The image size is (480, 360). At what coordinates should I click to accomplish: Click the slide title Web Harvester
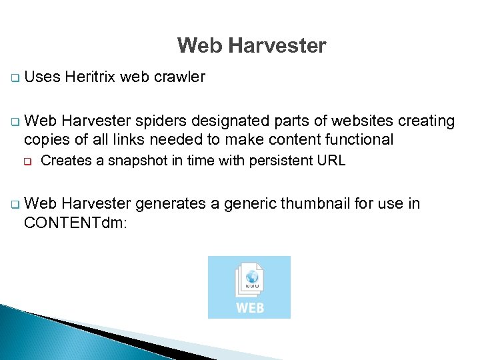(251, 46)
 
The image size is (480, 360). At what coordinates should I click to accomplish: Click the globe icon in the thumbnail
(252, 276)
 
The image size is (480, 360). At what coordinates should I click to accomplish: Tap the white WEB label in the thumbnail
(250, 307)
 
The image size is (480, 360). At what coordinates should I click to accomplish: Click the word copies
(47, 139)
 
